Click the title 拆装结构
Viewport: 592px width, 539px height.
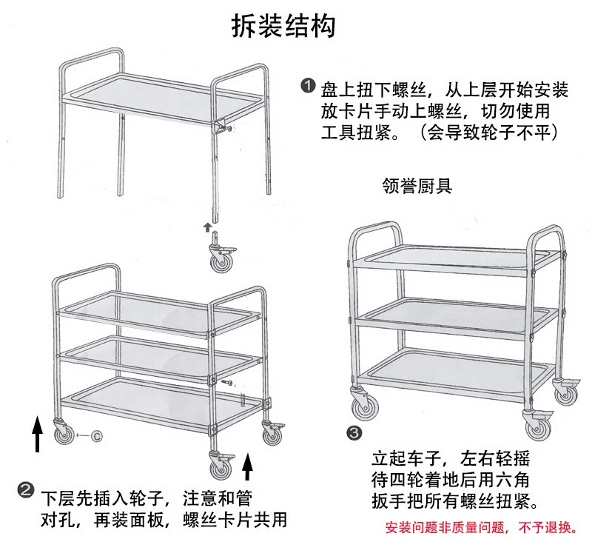pos(283,26)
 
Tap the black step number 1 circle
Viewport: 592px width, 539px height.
pos(308,87)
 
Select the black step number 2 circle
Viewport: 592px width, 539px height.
pos(25,490)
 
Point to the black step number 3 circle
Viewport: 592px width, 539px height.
pos(355,432)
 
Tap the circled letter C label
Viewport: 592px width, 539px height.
pos(96,436)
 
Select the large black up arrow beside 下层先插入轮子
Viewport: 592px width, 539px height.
pos(249,467)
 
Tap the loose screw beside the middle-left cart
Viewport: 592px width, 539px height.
pos(229,383)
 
